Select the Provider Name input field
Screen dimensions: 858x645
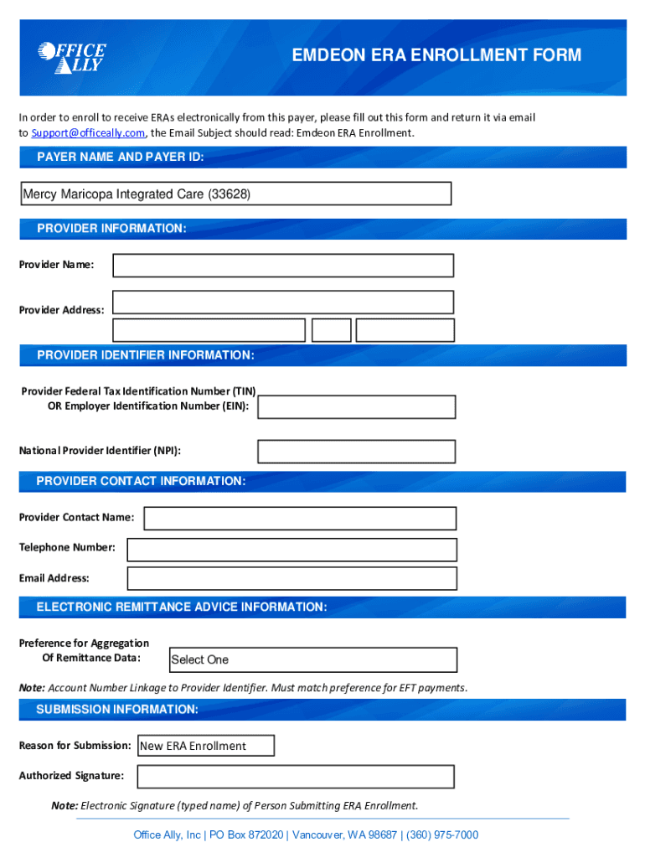click(x=283, y=266)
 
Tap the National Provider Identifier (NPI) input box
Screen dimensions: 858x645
click(x=356, y=452)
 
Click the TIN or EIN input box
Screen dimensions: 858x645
click(x=356, y=407)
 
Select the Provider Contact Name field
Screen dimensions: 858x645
click(x=300, y=519)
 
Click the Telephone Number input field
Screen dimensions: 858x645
click(x=292, y=550)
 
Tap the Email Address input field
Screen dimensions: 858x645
click(x=292, y=579)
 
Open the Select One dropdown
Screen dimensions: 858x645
click(x=312, y=659)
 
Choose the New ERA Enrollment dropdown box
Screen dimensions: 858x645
click(x=205, y=746)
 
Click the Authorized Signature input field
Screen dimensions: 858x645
click(x=295, y=777)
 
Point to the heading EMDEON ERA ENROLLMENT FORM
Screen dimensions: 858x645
click(x=436, y=56)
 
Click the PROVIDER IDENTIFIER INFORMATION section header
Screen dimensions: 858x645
click(x=146, y=355)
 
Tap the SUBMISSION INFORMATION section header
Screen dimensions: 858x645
click(x=117, y=710)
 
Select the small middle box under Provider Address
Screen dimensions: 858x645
click(x=331, y=330)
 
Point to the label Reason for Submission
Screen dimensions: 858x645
click(x=75, y=746)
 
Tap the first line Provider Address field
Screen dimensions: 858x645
click(x=283, y=302)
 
